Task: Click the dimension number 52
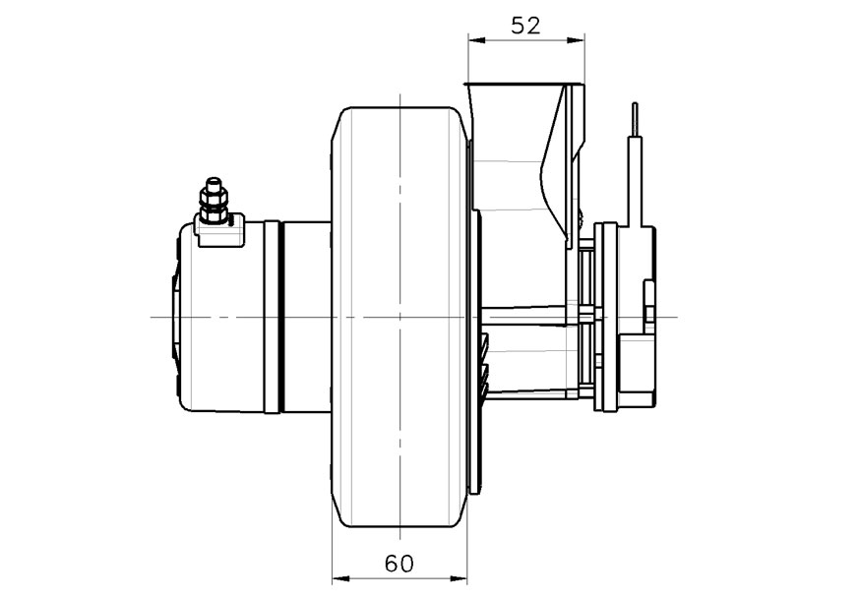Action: click(526, 26)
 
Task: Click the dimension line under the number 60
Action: click(399, 578)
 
